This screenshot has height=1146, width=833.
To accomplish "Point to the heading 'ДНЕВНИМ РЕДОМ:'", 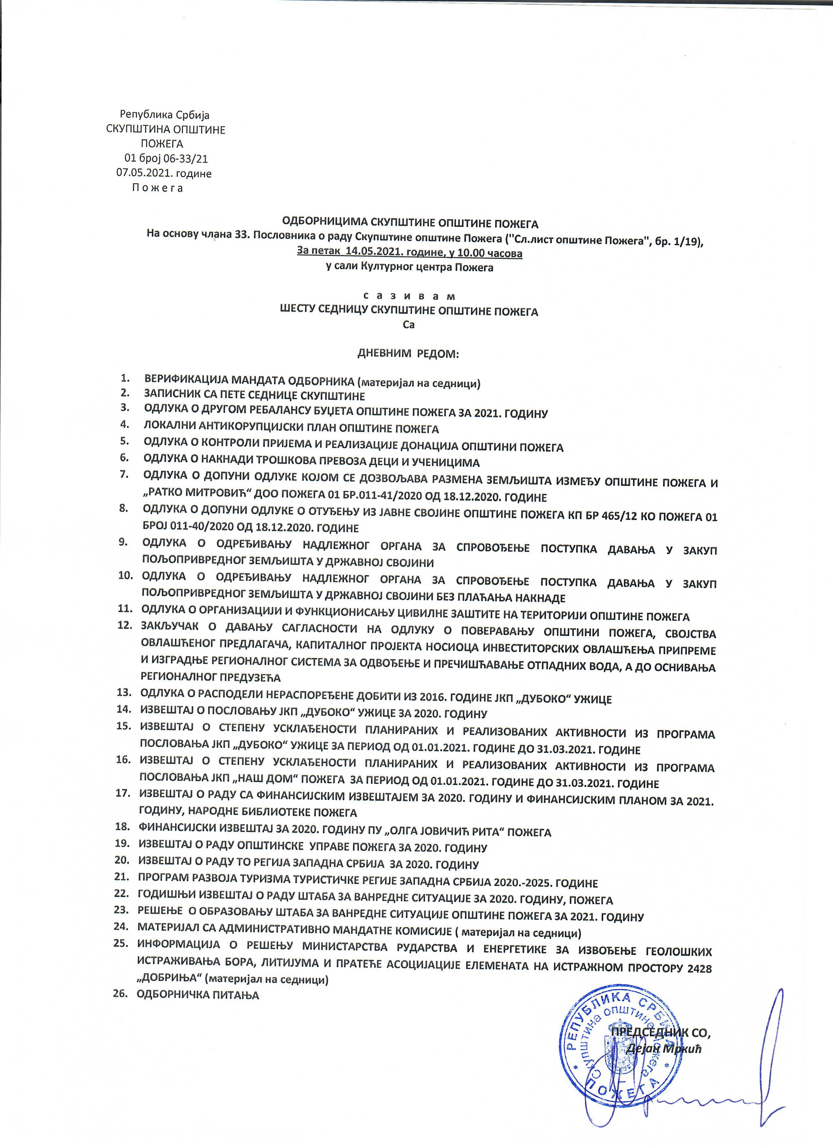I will click(408, 354).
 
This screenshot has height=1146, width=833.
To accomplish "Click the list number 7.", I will click(124, 474).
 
